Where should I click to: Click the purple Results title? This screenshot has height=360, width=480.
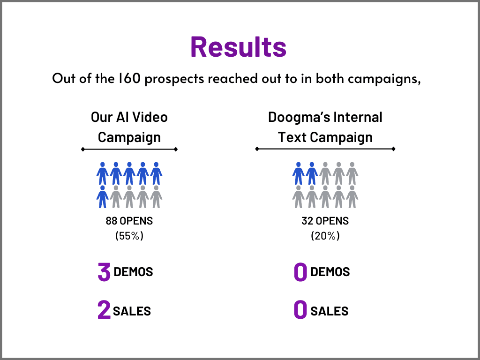(x=238, y=47)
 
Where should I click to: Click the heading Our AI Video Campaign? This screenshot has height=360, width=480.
(x=129, y=127)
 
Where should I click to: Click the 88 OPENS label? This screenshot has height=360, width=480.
(x=129, y=220)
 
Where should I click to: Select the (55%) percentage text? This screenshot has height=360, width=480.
(x=129, y=236)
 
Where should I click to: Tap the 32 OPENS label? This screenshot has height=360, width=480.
(x=325, y=220)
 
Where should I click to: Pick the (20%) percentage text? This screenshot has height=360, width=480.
(x=325, y=236)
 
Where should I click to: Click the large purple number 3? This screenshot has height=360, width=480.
(x=104, y=272)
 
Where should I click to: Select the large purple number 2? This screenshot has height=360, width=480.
(x=104, y=310)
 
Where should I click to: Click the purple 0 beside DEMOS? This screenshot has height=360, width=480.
(x=300, y=272)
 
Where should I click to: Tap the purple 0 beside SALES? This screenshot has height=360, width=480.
(x=300, y=310)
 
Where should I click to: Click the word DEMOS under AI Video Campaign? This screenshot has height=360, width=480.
(x=134, y=272)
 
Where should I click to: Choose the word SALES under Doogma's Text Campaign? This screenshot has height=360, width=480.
(x=330, y=311)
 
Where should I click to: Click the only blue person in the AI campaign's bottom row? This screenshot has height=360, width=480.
(x=103, y=196)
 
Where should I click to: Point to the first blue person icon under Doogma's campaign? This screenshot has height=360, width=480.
(x=298, y=173)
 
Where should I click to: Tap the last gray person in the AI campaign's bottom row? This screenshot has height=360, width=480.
(x=157, y=196)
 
